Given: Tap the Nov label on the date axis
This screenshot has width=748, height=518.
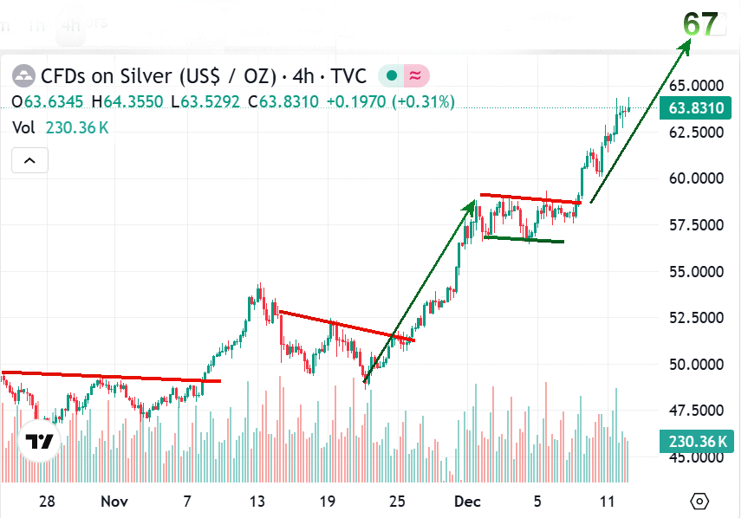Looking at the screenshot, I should coord(114,502).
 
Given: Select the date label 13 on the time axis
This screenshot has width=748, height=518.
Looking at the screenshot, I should coord(257,502).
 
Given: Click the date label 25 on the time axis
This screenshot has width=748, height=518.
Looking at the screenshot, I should coord(398,502).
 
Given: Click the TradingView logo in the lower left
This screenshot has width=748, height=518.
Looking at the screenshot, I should coord(39,443).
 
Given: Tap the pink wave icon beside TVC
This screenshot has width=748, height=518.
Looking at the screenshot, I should coord(415,76).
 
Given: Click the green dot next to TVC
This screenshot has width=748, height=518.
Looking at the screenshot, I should coord(392,76).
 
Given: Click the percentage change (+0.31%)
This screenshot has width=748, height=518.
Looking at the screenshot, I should coord(423,102).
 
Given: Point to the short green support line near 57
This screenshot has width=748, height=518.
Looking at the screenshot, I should coord(524,239).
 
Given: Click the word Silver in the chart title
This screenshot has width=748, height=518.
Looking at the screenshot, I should coord(154,76).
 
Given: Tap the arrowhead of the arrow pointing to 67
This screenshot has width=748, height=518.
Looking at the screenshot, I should coord(687,45).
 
